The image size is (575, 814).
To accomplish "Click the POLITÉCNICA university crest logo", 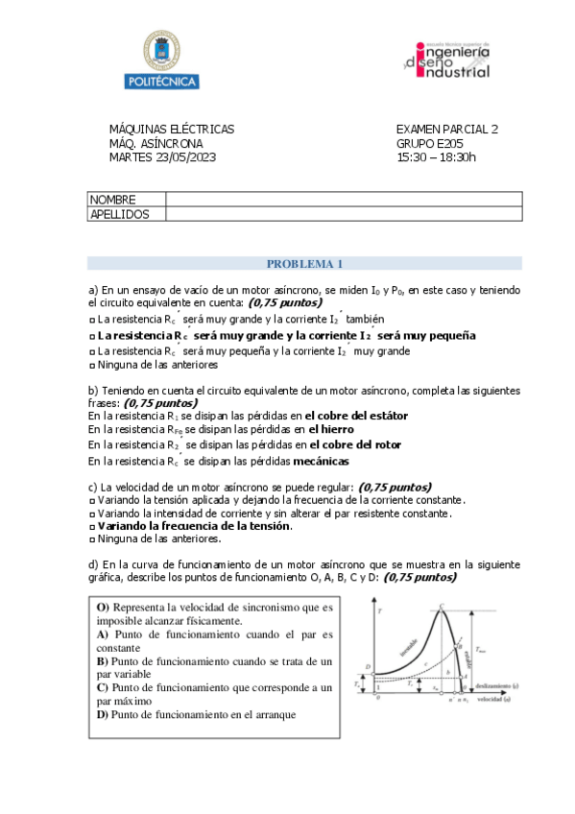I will (x=160, y=60).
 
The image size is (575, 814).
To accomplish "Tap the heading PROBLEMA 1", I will (x=304, y=264).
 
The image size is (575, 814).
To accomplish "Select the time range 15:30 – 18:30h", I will (x=436, y=157).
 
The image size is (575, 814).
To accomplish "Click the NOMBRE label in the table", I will (x=112, y=200).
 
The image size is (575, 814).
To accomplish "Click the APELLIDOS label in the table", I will (x=119, y=214).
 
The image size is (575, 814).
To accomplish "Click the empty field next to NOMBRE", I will (x=344, y=200).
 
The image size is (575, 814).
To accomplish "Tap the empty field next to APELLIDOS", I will (x=344, y=214).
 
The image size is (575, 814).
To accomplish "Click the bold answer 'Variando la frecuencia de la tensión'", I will (x=195, y=526).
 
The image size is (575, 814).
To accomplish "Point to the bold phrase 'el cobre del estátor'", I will (x=358, y=416).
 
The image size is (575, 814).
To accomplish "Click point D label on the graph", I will (x=370, y=666).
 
